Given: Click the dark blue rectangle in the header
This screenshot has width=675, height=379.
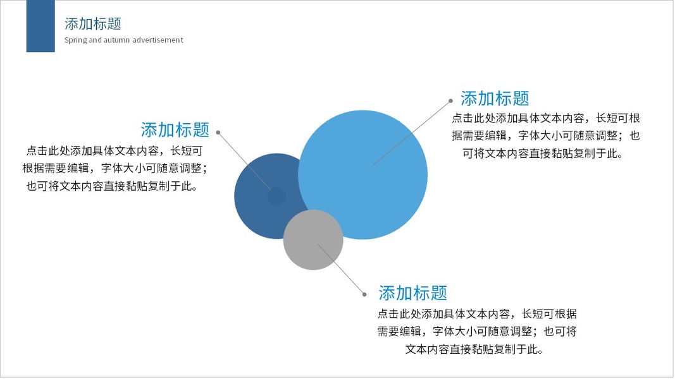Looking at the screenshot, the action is pos(40,26).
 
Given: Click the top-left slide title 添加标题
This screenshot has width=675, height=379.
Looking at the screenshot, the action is pos(93,23).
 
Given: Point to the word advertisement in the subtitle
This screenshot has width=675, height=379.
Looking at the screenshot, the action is pos(158,40).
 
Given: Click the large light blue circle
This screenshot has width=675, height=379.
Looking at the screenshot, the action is pos(363,174).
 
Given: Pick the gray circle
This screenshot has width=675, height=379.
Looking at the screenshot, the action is pos(313,240).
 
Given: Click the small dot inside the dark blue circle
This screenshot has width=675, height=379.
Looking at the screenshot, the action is pos(277,196).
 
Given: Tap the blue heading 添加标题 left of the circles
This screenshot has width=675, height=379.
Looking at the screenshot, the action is pos(175,129).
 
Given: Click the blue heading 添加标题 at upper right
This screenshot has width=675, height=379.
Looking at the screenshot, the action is pos(495,99).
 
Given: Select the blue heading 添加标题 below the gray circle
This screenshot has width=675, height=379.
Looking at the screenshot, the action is pos(413,293).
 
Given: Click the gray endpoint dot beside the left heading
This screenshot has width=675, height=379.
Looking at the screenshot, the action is pos(218,133).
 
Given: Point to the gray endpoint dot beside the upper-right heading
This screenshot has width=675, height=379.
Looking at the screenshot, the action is pos(450,101).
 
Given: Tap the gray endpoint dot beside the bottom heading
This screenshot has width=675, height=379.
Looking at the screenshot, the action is pos(364,294).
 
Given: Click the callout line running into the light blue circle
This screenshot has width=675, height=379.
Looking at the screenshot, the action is pos(412,133).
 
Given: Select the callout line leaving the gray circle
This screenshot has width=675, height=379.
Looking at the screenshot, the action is pos(341,269).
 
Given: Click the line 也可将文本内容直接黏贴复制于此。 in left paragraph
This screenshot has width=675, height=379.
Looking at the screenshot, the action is pos(112,186).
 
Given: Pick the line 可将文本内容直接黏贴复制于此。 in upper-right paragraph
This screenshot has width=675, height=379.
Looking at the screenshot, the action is pos(542,153).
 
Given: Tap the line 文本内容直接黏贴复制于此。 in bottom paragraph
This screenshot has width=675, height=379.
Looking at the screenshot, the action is pos(474,349).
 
